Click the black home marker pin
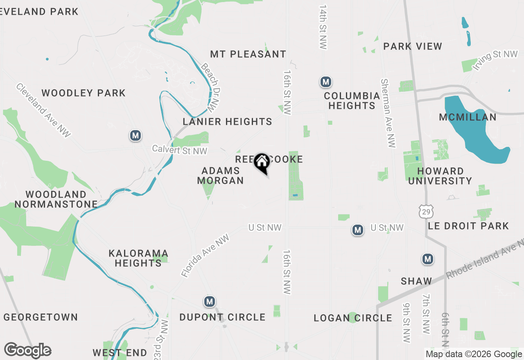261,163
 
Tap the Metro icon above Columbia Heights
325,82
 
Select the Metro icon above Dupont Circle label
210,302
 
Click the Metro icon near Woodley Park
136,135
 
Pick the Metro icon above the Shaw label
428,259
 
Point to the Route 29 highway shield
425,211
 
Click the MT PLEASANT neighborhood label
248,54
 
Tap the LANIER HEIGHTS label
227,122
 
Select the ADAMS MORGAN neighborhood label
220,175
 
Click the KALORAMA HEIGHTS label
138,258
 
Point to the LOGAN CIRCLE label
353,318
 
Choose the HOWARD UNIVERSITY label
440,176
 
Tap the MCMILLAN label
468,117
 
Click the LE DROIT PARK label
468,226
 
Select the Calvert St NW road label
180,150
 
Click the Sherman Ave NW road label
388,113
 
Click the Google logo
27,351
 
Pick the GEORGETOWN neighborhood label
41,317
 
